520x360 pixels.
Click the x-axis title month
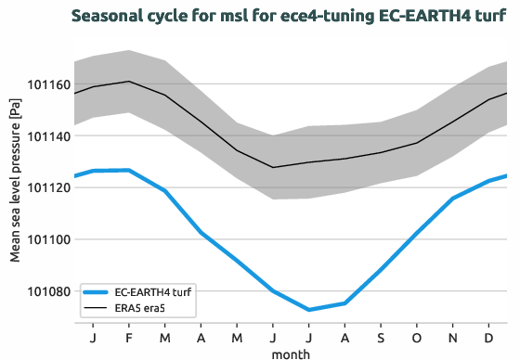point(291,353)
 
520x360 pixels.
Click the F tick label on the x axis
point(129,335)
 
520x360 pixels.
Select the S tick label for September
point(381,335)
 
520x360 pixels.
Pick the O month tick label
point(417,335)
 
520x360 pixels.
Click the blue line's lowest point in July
point(309,310)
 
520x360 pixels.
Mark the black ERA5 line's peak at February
point(129,82)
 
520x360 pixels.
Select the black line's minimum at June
point(273,167)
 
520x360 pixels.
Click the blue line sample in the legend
point(97,289)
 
